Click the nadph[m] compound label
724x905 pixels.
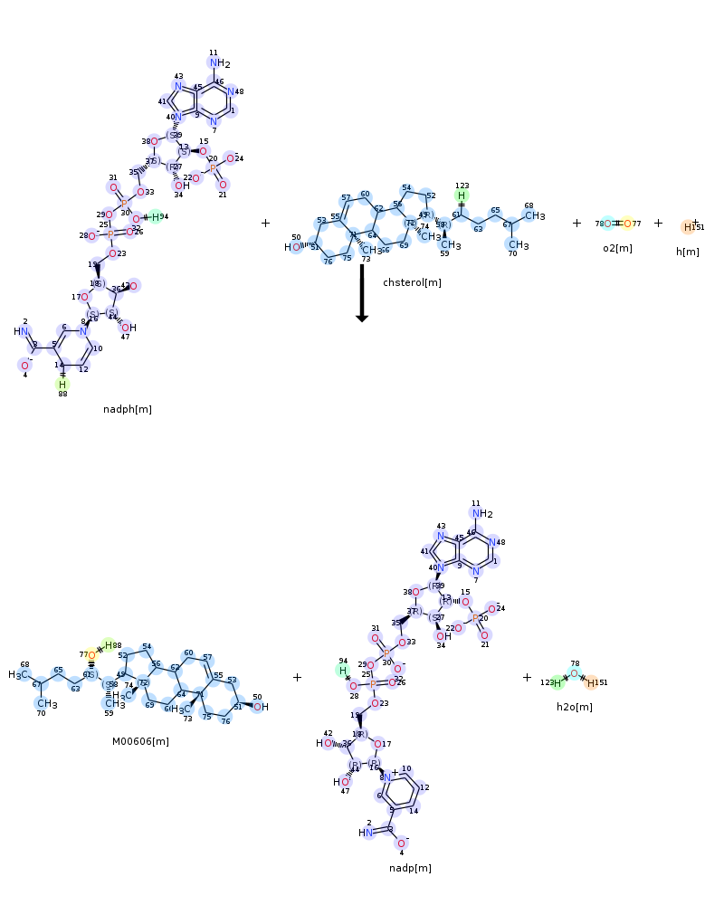pyautogui.click(x=128, y=409)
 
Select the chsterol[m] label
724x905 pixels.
pyautogui.click(x=412, y=282)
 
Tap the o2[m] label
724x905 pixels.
pyautogui.click(x=618, y=248)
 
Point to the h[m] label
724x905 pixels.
pyautogui.click(x=687, y=252)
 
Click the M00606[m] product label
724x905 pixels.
pyautogui.click(x=140, y=741)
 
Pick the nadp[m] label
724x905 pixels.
pyautogui.click(x=410, y=868)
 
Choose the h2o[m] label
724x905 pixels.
pyautogui.click(x=575, y=707)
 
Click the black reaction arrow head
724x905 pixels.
pyautogui.click(x=362, y=316)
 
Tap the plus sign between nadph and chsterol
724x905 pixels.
pyautogui.click(x=265, y=223)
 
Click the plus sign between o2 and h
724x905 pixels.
pyautogui.click(x=658, y=223)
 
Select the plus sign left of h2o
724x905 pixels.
pyautogui.click(x=528, y=677)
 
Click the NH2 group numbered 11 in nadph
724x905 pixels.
pyautogui.click(x=218, y=63)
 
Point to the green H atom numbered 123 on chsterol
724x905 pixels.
pyautogui.click(x=462, y=195)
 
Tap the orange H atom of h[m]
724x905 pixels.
pyautogui.click(x=689, y=227)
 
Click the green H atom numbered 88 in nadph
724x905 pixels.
pyautogui.click(x=62, y=384)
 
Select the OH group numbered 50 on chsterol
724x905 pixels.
pyautogui.click(x=293, y=246)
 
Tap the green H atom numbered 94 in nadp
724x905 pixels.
pyautogui.click(x=343, y=671)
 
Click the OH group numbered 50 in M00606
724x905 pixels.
pyautogui.click(x=259, y=707)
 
